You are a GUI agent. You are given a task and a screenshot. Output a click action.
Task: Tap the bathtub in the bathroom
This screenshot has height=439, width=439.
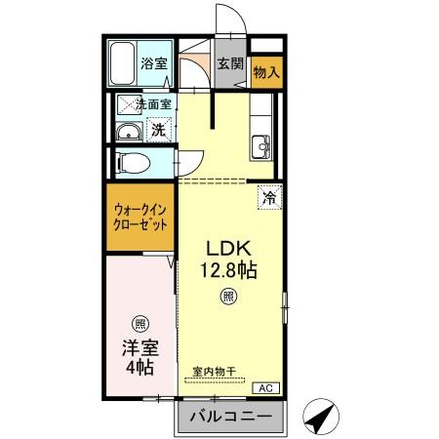122,65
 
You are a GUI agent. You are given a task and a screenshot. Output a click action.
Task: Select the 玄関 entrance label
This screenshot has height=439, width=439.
229,65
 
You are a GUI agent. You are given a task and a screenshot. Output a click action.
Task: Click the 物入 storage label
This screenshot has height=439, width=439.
266,71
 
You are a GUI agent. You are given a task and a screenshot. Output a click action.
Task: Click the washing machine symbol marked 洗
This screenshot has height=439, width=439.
157,130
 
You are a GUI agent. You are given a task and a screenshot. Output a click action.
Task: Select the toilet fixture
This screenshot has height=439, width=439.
130,161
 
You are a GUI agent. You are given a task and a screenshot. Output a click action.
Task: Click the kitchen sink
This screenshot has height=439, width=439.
261,147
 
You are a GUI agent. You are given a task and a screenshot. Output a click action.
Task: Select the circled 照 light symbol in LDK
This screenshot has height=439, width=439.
227,296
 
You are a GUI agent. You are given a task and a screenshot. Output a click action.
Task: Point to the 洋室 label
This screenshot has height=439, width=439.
140,347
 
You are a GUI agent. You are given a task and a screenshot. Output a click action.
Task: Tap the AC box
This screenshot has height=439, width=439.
264,388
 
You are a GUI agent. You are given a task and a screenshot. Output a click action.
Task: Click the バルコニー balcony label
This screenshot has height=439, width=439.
230,416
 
